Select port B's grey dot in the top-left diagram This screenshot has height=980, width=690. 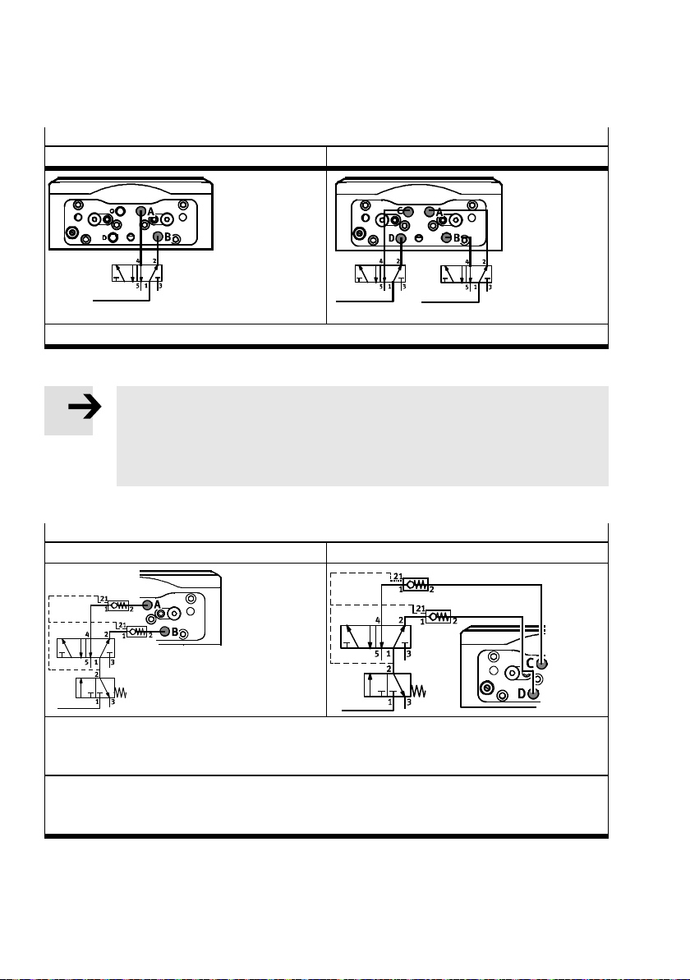pyautogui.click(x=159, y=237)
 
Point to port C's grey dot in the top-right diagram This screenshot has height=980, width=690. pyautogui.click(x=407, y=211)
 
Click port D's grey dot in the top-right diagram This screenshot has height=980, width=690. pyautogui.click(x=401, y=238)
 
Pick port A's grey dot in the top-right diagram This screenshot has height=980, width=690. pyautogui.click(x=429, y=211)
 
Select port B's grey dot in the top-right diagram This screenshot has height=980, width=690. pyautogui.click(x=446, y=237)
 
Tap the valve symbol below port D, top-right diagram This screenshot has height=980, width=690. pyautogui.click(x=380, y=275)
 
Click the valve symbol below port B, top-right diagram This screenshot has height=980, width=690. pyautogui.click(x=466, y=275)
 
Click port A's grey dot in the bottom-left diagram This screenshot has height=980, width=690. pyautogui.click(x=147, y=605)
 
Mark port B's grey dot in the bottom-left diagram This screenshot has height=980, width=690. pyautogui.click(x=164, y=631)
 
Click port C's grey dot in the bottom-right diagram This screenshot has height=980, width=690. pyautogui.click(x=540, y=662)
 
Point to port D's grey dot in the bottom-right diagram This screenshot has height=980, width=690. pyautogui.click(x=533, y=693)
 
